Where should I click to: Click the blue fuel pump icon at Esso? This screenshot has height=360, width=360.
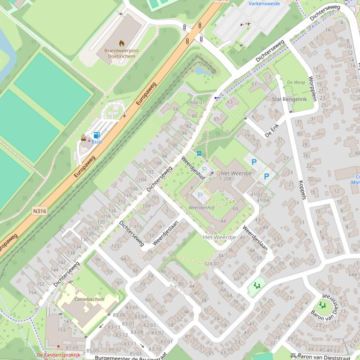coord(96,135)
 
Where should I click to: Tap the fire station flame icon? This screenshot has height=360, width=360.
coord(121,42)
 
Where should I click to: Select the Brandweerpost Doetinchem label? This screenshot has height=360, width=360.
coord(121,53)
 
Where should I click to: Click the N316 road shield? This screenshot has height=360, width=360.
coord(40,211)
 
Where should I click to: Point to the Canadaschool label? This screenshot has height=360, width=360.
coord(89,299)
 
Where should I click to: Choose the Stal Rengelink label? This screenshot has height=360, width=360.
coord(289,99)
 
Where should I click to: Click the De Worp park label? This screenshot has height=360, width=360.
coord(296,82)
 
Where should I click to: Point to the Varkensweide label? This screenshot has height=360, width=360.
coord(264,4)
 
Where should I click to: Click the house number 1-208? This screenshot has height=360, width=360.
coord(225,179)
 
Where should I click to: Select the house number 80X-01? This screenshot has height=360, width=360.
coord(197,102)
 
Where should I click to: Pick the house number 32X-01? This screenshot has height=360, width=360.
coord(211,264)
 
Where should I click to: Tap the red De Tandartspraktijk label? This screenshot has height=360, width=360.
coord(58,355)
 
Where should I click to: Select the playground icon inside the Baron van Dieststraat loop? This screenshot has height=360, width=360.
coord(322,305)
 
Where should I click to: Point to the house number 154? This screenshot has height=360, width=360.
coord(32,293)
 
